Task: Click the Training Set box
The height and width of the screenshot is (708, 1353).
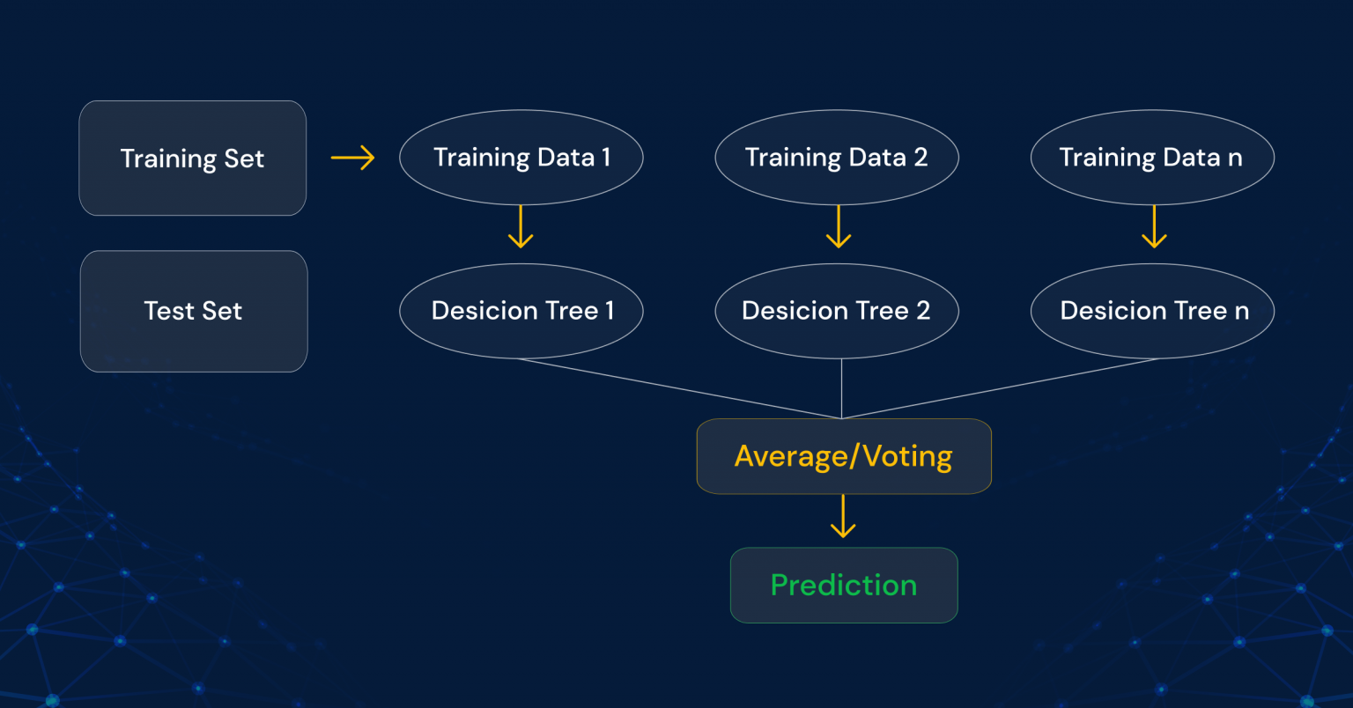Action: coord(192,159)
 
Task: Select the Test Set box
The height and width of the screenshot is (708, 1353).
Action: coord(193,311)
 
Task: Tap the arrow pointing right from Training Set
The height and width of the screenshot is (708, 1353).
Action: coord(352,159)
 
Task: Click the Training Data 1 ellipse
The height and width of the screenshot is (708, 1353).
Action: coord(521,158)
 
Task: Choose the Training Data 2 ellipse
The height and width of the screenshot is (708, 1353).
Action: coord(836,158)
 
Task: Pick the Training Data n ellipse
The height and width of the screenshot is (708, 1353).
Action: coord(1151,158)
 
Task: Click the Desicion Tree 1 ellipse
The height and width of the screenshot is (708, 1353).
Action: coord(521,311)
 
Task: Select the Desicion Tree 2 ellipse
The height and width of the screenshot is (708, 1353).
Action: coord(836,311)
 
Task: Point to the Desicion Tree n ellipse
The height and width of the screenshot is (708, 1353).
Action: coord(1152,311)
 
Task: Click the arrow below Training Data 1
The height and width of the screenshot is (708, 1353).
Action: coord(521,227)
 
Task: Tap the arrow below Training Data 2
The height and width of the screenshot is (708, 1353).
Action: coord(838,227)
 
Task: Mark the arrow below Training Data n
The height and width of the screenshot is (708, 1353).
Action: coord(1154,227)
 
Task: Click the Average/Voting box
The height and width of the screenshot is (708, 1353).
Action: coord(843,456)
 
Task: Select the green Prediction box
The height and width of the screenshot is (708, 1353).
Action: coord(843,586)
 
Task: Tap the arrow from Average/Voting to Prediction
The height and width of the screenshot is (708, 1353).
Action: coord(843,517)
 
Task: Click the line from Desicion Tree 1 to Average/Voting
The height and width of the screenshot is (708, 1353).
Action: coord(678,388)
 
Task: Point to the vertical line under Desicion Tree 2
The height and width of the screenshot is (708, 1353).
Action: coord(842,387)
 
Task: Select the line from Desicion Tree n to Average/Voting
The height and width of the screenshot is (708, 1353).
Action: coord(1000,388)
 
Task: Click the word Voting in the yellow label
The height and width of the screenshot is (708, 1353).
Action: coord(907,456)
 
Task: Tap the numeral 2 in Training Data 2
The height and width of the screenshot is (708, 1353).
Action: coord(920,158)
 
